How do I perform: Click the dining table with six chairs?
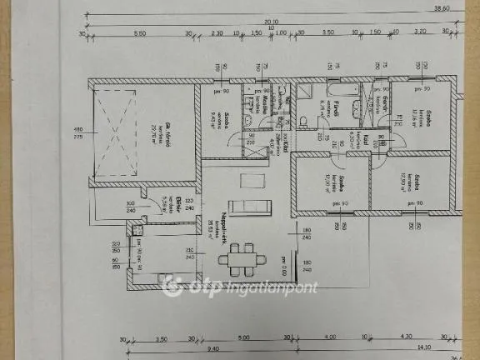[242, 257]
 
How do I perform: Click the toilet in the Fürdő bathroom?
[305, 121]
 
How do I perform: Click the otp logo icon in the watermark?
[172, 287]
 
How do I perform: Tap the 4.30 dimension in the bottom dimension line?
[407, 338]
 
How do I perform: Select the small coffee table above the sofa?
[248, 180]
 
